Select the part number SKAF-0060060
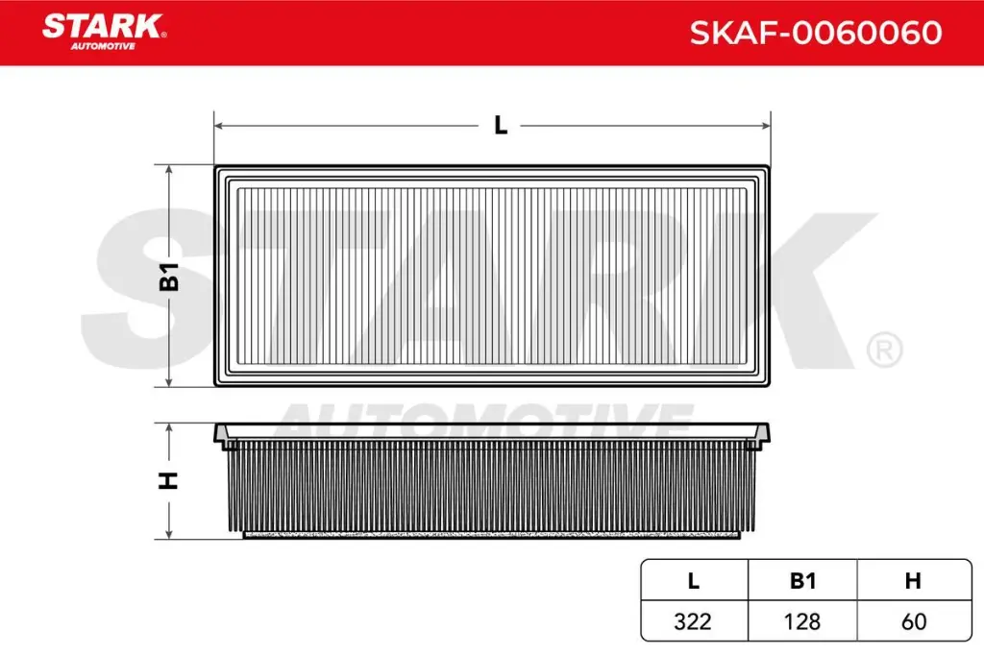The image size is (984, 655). click(x=815, y=34)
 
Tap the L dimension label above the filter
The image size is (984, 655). click(x=500, y=126)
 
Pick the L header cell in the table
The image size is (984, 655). click(x=693, y=581)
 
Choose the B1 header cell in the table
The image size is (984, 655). click(x=802, y=581)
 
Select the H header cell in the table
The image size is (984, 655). click(x=913, y=581)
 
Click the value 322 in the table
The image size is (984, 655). click(x=693, y=621)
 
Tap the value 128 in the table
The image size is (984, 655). click(x=802, y=621)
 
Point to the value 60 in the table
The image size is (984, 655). click(x=913, y=621)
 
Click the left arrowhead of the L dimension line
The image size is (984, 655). click(x=218, y=126)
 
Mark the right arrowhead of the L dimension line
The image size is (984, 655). click(x=766, y=126)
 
